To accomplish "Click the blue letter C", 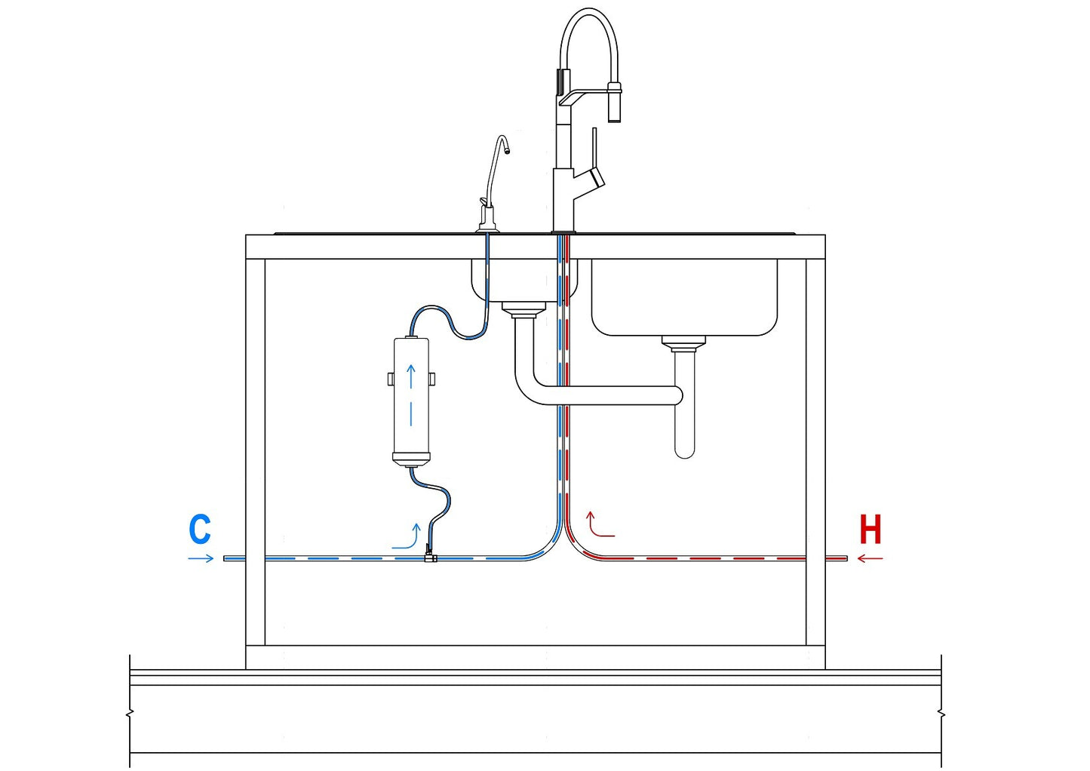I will click(200, 530).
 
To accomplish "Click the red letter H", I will click(870, 530).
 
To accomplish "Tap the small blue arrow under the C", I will click(201, 558).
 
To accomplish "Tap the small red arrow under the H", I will click(870, 559).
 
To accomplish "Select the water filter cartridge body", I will click(411, 400).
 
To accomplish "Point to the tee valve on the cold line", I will click(431, 558).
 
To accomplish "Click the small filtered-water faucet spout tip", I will click(506, 150).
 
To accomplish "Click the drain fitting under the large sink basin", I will click(683, 344).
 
